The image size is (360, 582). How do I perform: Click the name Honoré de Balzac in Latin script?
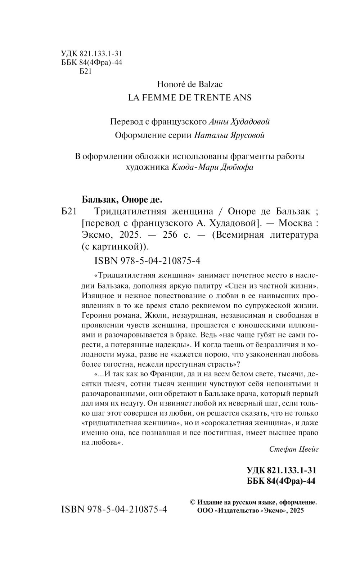(x=190, y=84)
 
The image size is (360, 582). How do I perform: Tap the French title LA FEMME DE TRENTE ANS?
(x=190, y=98)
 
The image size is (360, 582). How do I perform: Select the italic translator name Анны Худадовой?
(x=239, y=122)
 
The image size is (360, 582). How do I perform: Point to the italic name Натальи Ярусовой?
(x=229, y=135)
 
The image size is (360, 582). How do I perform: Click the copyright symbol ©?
(x=192, y=502)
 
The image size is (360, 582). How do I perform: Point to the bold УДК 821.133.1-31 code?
(x=281, y=470)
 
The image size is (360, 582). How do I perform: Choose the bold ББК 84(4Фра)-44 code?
(x=281, y=481)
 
